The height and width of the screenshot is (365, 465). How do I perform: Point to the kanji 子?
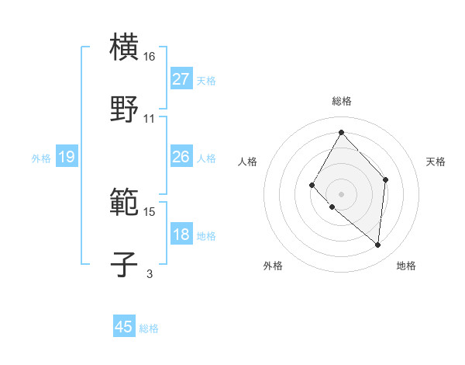125,264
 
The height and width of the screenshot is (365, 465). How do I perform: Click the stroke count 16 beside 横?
150,57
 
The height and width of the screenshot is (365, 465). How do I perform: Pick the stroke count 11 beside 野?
150,118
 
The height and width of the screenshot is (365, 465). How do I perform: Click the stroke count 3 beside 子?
150,273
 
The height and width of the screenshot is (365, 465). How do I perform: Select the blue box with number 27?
181,78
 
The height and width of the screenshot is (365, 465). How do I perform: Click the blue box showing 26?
181,157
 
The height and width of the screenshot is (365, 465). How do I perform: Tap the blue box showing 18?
181,235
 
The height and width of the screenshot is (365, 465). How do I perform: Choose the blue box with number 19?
66,157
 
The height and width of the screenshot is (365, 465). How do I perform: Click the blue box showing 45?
124,327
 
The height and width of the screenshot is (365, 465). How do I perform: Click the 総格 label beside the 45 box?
149,328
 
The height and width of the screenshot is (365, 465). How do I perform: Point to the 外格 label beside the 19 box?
41,158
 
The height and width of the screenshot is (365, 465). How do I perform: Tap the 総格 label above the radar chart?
341,101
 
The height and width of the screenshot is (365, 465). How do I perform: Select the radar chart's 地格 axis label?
406,266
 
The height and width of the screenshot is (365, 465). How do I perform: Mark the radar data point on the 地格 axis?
377,245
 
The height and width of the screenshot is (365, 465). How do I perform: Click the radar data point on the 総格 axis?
341,132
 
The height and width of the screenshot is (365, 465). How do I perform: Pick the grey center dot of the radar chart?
341,193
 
